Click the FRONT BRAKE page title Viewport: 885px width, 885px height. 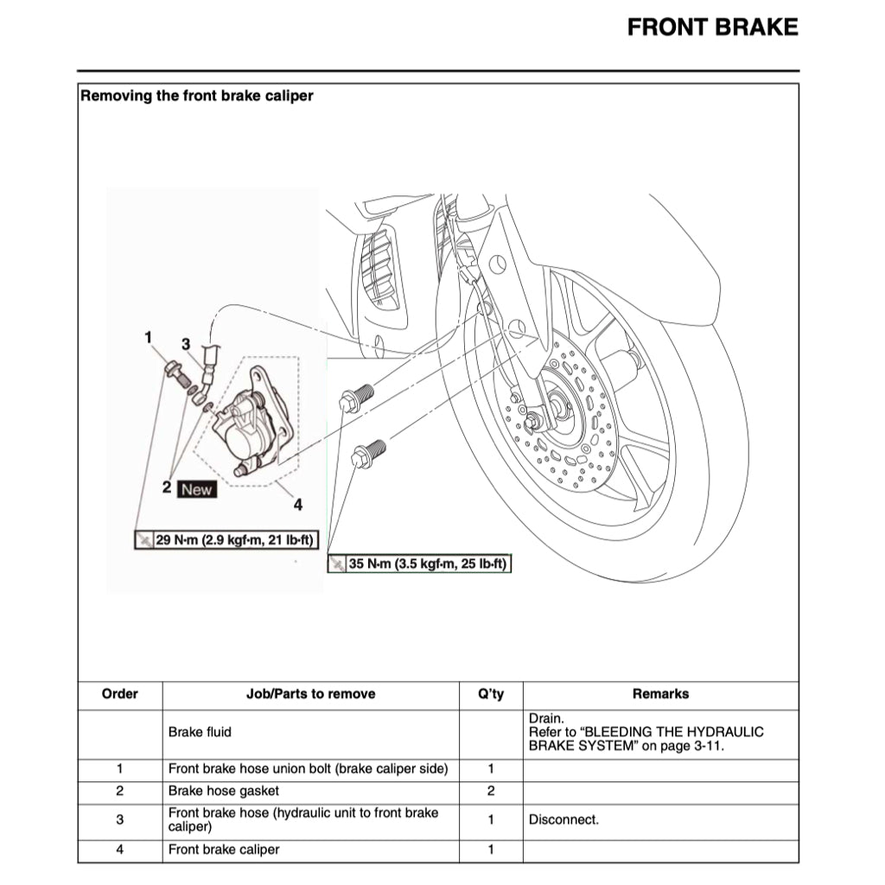coord(712,28)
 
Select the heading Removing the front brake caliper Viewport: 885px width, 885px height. coord(196,96)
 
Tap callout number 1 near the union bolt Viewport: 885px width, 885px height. coord(148,336)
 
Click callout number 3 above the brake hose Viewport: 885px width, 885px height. coord(185,343)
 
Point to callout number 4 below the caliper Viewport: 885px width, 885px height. coord(297,504)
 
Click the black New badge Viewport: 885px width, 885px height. coord(196,489)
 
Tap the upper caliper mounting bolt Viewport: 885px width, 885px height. coord(356,398)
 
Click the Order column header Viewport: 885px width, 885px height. coord(119,694)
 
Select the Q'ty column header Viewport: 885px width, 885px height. coord(490,694)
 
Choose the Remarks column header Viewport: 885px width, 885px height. coord(660,694)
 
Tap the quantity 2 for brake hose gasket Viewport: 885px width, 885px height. coord(490,790)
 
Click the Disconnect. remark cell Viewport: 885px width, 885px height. coord(563,819)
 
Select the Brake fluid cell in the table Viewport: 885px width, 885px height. coord(200,732)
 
